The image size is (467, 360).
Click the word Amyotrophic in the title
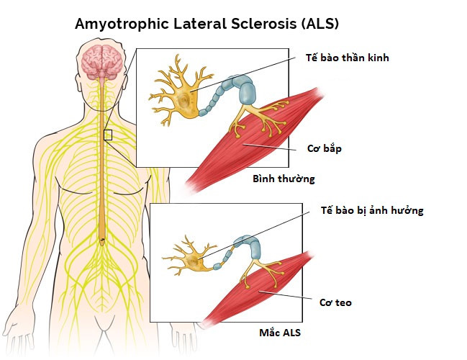(122, 24)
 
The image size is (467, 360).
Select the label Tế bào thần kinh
(348, 57)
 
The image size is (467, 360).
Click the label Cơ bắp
(325, 148)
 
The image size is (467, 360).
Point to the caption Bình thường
(284, 179)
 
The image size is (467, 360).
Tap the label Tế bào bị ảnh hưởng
(372, 210)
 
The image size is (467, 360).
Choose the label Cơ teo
(335, 302)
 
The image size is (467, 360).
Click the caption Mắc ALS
(280, 333)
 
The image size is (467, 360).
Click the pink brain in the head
(102, 62)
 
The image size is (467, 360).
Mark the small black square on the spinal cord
(108, 135)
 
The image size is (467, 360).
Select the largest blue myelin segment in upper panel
(248, 93)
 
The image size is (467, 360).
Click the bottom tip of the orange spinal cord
(102, 246)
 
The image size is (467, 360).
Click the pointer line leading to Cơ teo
(285, 294)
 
